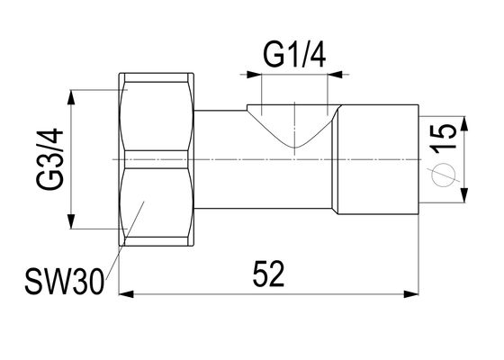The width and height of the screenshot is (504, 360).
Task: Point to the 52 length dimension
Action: click(x=268, y=274)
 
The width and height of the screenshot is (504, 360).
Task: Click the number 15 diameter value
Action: click(x=444, y=136)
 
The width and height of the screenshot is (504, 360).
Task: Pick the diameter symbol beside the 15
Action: click(x=444, y=175)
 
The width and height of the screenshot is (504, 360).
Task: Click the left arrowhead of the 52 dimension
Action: click(x=126, y=294)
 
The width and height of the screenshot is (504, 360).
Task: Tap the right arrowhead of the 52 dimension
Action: click(x=411, y=294)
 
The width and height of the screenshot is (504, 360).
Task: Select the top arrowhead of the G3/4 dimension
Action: click(x=71, y=97)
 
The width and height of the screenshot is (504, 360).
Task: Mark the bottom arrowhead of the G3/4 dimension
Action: click(x=71, y=221)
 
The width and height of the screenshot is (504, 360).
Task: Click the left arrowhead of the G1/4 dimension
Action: click(x=254, y=75)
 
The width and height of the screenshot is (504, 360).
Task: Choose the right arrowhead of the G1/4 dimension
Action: click(x=335, y=75)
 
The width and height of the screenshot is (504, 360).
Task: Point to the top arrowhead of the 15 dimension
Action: click(x=463, y=123)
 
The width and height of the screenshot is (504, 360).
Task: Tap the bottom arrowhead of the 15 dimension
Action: click(x=463, y=195)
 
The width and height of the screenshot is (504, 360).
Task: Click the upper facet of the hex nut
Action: click(x=157, y=116)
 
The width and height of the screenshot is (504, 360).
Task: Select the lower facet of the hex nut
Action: click(x=157, y=202)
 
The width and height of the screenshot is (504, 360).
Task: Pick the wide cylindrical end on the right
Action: click(x=378, y=159)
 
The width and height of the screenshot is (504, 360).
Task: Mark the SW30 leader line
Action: click(x=125, y=238)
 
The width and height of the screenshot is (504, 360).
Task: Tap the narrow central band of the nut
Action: click(x=157, y=159)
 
